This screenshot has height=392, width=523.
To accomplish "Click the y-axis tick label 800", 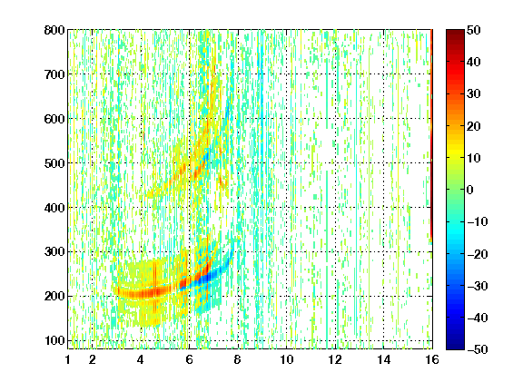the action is point(54,30).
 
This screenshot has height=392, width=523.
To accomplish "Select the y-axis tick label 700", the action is point(54,74).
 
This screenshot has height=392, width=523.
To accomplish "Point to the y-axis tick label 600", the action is point(54,119).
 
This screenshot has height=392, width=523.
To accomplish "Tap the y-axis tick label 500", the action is point(54,163).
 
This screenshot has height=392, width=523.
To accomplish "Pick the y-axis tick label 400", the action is point(54,208).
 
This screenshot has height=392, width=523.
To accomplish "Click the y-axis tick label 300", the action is point(54,252).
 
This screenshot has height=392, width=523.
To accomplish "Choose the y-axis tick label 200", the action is point(54,297).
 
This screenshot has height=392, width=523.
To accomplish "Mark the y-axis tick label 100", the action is point(54,340).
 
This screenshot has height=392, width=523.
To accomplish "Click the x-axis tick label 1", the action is point(68,359).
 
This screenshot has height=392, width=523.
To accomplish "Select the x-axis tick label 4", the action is point(141,359).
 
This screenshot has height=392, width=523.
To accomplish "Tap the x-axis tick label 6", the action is point(189,359).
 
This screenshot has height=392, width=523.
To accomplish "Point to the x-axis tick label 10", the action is point(287,359).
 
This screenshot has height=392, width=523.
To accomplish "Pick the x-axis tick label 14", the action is point(384,359).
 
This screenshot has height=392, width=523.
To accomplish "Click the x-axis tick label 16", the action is point(432,359).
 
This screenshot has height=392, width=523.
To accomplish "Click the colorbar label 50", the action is point(473,30).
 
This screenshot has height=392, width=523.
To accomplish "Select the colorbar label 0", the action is point(470,190).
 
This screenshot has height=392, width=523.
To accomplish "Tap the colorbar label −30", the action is point(478,286).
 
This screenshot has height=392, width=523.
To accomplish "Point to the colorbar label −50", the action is point(478,349).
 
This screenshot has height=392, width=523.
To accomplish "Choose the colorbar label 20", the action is point(473,126).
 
